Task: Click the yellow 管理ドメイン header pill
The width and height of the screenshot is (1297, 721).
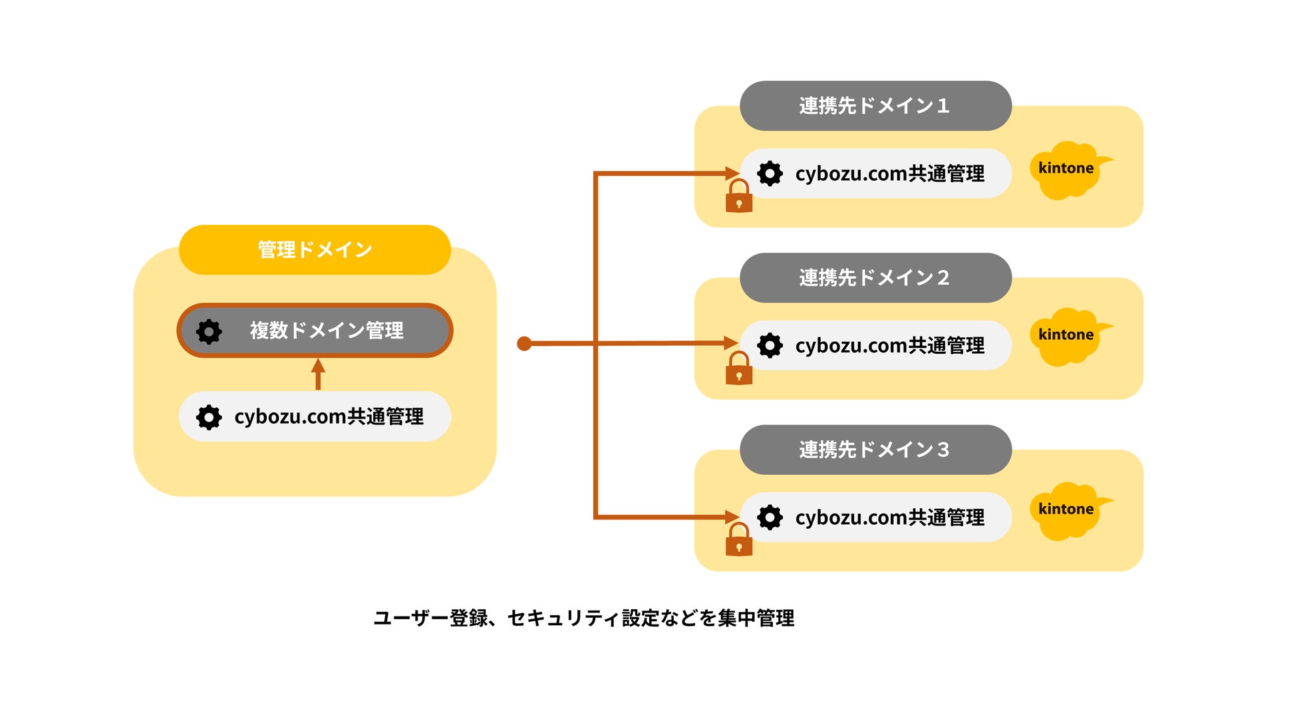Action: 315,249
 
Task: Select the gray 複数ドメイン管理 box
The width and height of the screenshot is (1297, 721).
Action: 315,331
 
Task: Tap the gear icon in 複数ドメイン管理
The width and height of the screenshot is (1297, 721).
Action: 209,331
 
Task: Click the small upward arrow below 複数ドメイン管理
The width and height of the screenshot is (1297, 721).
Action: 318,374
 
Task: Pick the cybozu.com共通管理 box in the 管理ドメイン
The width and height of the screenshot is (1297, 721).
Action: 315,416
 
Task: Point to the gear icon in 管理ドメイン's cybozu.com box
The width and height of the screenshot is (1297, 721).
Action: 209,417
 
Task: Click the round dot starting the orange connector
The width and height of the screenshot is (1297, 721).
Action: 524,344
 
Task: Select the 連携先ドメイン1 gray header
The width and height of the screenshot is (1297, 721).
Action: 875,106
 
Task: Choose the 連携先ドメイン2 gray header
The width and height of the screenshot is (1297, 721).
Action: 875,277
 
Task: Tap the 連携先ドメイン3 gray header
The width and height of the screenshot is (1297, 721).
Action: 875,450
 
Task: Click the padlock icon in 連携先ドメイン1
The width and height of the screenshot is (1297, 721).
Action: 739,196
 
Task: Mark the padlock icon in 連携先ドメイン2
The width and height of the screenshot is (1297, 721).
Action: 739,368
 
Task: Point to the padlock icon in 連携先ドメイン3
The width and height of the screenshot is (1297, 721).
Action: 739,539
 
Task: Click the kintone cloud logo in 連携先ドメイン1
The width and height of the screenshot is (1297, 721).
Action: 1069,170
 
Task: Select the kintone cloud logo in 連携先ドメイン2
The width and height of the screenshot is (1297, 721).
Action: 1069,337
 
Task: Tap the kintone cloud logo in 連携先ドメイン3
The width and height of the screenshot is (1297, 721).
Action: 1069,511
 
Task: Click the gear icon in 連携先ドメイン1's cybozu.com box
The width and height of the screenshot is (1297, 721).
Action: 770,174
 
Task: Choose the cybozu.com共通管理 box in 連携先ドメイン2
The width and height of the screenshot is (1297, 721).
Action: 875,345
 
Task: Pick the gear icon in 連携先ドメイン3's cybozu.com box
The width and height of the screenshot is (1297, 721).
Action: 770,517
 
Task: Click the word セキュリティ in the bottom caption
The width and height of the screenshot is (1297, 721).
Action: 564,619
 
